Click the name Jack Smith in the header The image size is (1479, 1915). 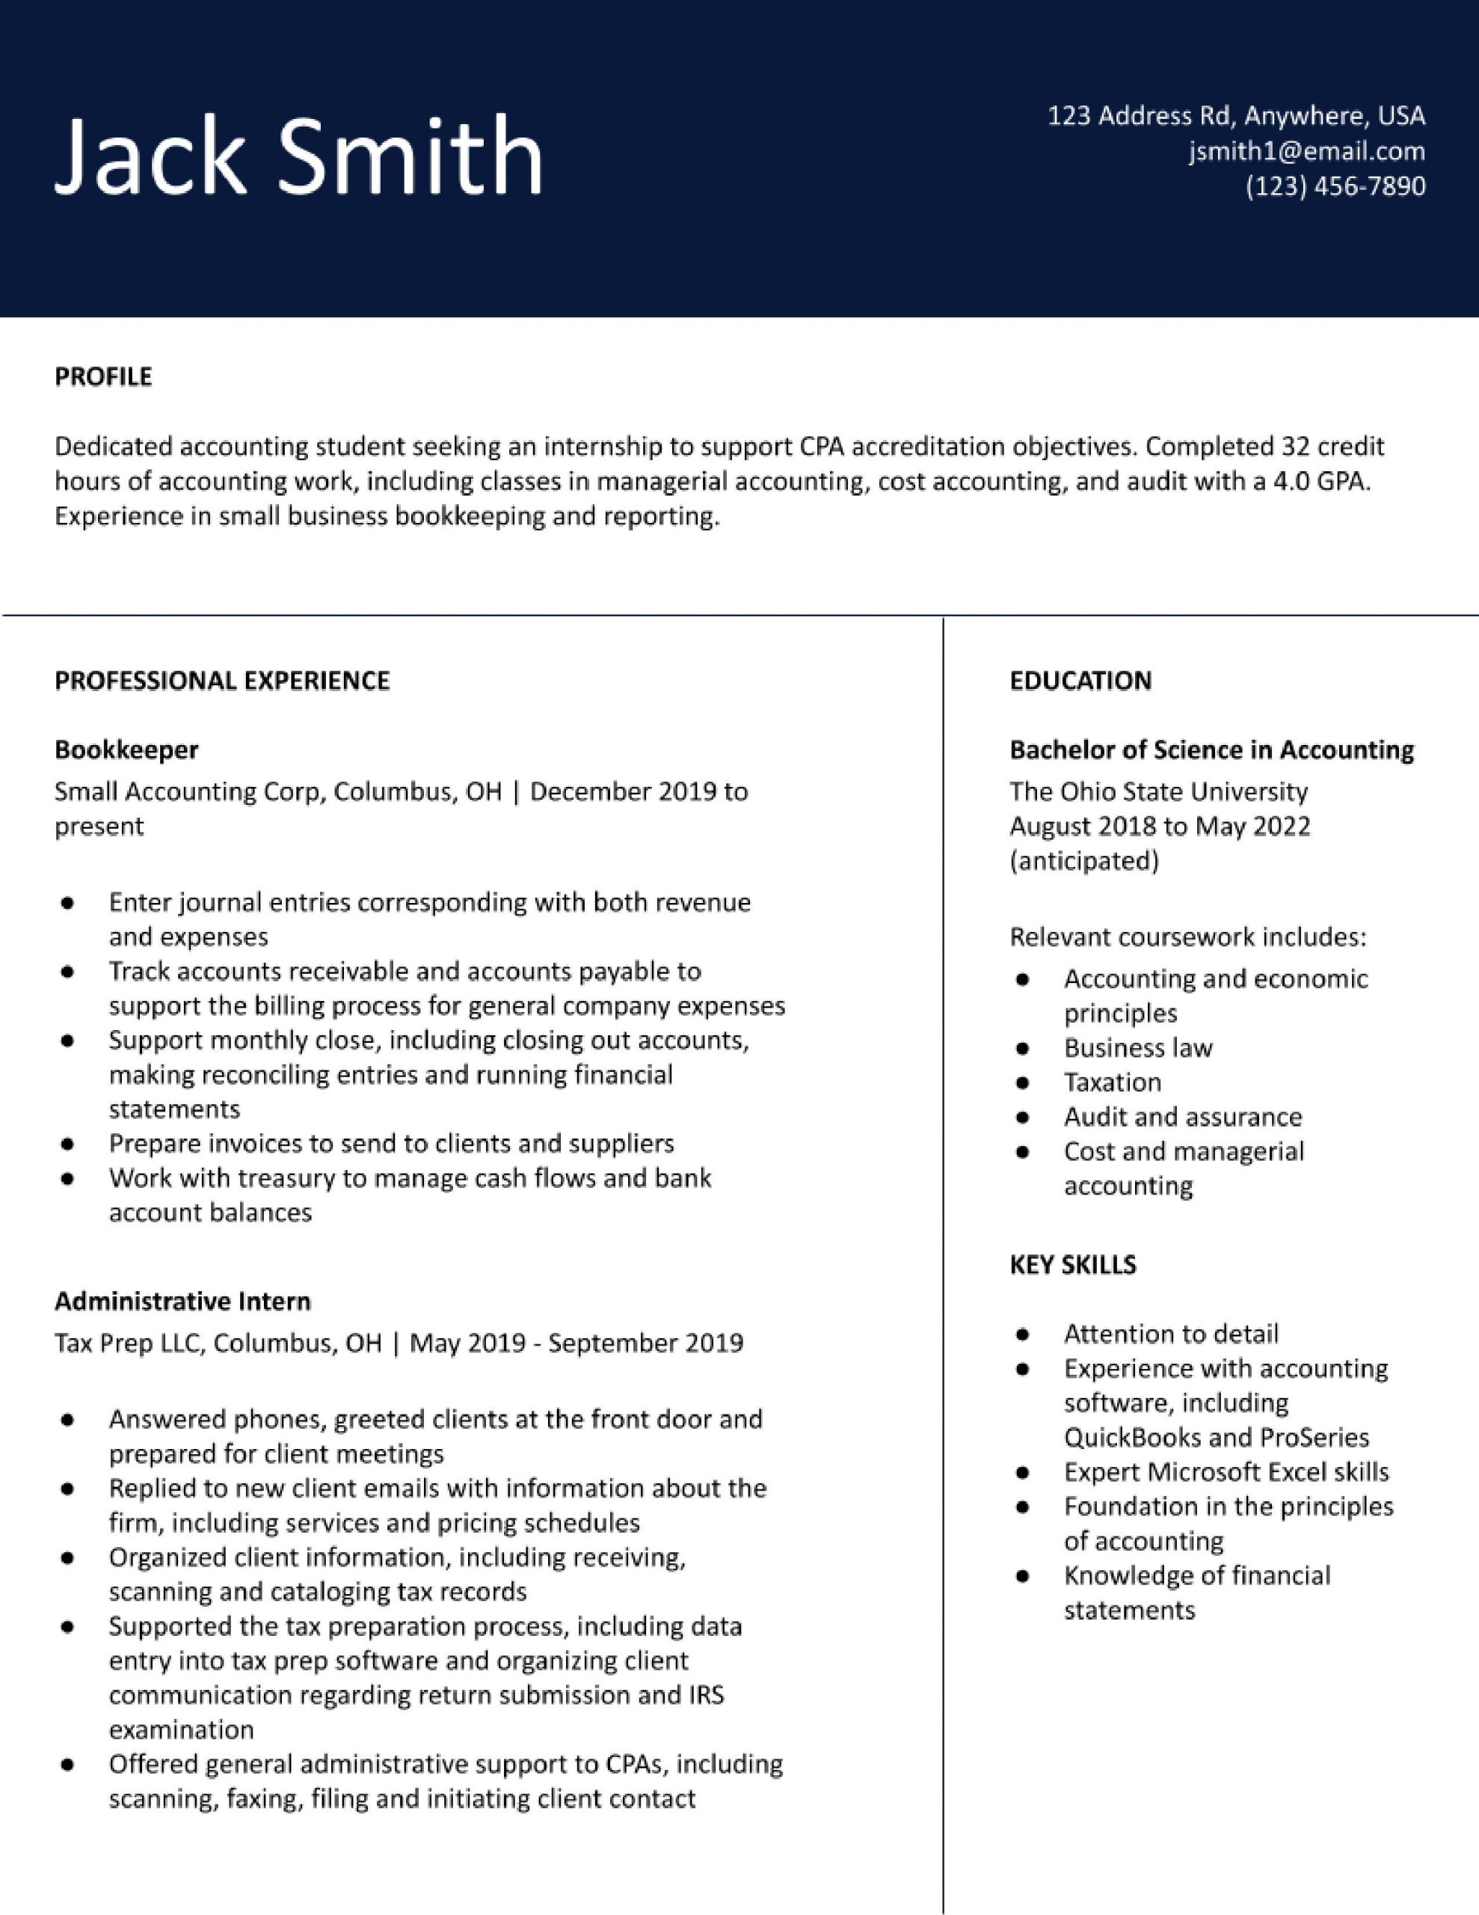[298, 156]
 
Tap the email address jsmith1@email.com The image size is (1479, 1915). [1306, 152]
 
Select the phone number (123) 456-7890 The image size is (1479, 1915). [1335, 187]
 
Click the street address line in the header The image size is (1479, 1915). [1236, 116]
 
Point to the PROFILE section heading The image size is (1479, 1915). [103, 377]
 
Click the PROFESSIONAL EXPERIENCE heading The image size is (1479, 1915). [222, 681]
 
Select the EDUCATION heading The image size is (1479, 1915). [1080, 681]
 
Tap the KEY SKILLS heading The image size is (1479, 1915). [1072, 1264]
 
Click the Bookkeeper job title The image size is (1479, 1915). [126, 750]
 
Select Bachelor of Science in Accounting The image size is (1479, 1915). [1211, 750]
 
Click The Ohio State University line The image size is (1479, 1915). [1158, 791]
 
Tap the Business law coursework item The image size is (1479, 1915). [1138, 1048]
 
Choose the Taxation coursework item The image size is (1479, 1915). [1113, 1083]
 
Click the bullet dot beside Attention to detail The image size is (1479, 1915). [1021, 1335]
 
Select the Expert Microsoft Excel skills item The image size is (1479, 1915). [1226, 1472]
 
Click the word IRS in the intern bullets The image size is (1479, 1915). [706, 1695]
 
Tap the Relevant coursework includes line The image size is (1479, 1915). [1188, 937]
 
